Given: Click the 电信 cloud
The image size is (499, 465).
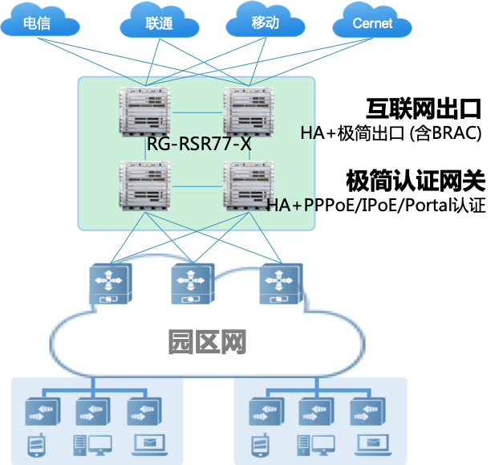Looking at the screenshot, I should (39, 22).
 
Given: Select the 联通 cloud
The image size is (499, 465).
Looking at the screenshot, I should (159, 22).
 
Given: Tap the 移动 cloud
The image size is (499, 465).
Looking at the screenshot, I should (266, 22).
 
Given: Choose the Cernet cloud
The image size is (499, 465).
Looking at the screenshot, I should (371, 22).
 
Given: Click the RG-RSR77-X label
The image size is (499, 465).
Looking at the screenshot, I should (199, 145).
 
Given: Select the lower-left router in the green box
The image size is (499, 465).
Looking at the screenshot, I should (144, 186).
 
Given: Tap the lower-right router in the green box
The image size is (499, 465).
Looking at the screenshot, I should (249, 186).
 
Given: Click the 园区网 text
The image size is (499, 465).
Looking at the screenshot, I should (206, 342).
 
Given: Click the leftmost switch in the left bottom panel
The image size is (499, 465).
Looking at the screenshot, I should (43, 412).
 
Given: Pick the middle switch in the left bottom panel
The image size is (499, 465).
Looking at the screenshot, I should (92, 412).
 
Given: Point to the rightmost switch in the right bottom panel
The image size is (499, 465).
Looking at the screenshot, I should (367, 412).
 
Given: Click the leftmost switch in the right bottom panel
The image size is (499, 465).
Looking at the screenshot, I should (267, 412).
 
